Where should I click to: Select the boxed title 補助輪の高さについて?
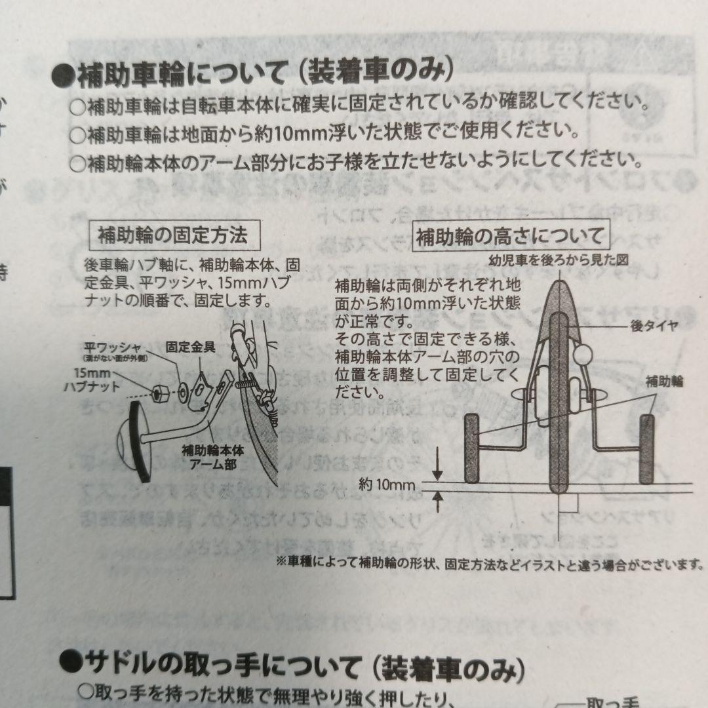point(509,236)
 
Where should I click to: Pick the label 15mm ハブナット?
point(92,381)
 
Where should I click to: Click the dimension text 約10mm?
point(388,486)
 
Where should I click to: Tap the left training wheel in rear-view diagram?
point(472,448)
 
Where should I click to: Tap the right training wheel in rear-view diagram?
point(647,448)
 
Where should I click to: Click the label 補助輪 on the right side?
point(664,381)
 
